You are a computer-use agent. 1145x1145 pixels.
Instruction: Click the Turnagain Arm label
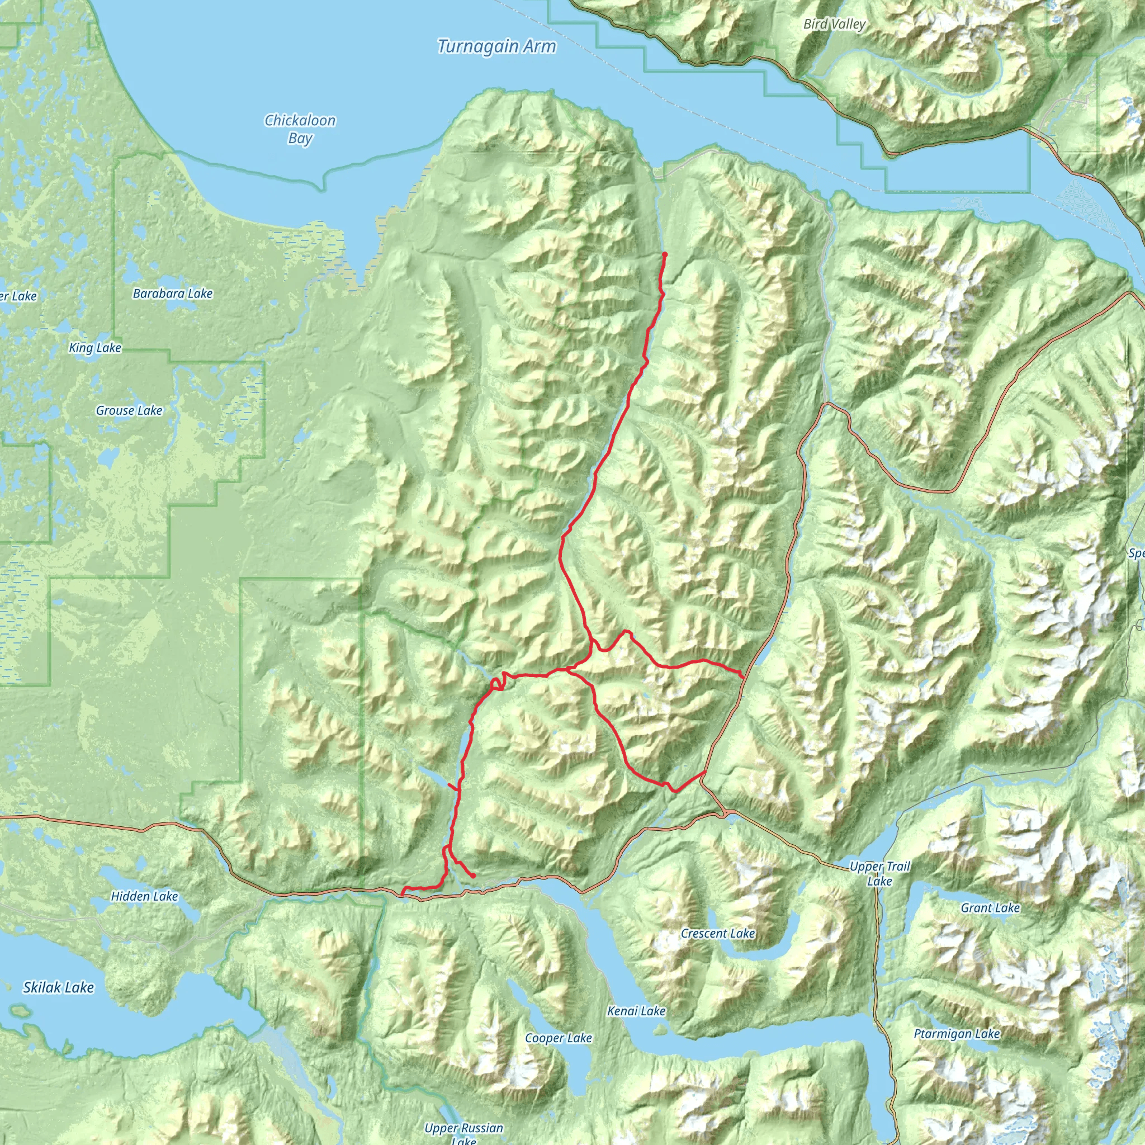(x=496, y=47)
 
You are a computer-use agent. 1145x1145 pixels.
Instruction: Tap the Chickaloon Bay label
(x=300, y=129)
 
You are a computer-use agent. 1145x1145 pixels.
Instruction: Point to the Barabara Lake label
(x=172, y=294)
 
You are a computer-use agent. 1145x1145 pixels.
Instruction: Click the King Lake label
(x=95, y=348)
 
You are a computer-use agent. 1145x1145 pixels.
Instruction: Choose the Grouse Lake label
(x=129, y=410)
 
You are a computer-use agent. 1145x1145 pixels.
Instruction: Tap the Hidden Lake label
(x=144, y=896)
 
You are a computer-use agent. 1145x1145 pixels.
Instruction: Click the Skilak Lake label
(x=58, y=987)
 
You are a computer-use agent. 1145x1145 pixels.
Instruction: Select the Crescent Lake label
(x=718, y=934)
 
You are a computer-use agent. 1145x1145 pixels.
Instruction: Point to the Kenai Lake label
(x=636, y=1011)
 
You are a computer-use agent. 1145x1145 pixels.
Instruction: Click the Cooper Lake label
(x=559, y=1038)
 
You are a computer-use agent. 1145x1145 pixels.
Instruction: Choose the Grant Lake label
(x=990, y=907)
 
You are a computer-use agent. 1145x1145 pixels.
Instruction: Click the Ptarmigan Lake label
(x=957, y=1034)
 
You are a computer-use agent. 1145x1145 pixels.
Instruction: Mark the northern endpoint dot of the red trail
(x=665, y=255)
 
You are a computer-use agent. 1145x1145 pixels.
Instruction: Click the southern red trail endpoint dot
(x=473, y=876)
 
